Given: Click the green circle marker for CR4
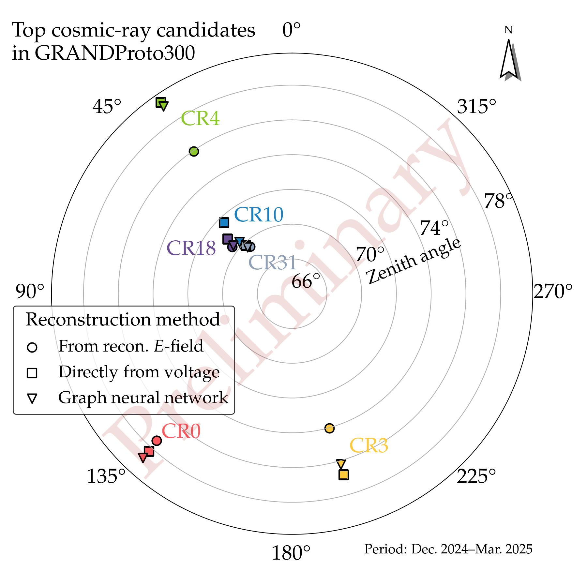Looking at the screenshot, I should tap(194, 151).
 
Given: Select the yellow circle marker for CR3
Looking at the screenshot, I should tap(329, 428).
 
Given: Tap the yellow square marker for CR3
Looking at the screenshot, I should tap(343, 475).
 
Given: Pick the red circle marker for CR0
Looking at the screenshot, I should tap(157, 441).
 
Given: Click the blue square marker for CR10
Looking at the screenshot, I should tap(224, 223).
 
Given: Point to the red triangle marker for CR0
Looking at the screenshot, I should tap(143, 457).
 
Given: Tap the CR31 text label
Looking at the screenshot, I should tap(273, 263).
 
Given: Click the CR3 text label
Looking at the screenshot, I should tap(369, 445).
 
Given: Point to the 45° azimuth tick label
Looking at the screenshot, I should tap(107, 107).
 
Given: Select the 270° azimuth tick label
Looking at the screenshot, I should tap(553, 291).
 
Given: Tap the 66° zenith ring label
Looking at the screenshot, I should tap(306, 281).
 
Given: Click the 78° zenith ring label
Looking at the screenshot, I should tap(498, 201).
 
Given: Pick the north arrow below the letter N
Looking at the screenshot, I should tap(509, 60).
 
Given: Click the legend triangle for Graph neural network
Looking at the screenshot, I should tap(32, 399).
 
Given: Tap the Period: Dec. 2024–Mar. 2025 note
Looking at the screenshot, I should tap(448, 549).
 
